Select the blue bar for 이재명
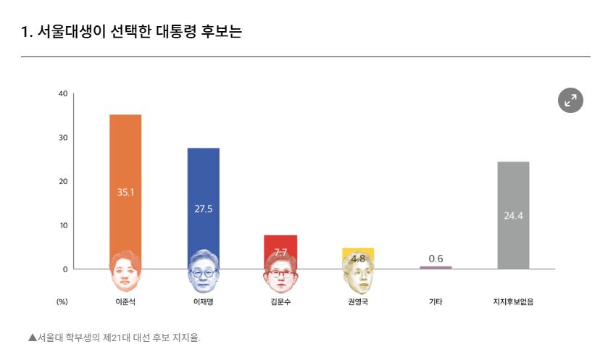(x=204, y=181)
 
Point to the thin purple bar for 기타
(x=436, y=267)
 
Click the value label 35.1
(x=125, y=192)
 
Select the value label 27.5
(x=204, y=209)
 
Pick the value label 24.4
(x=513, y=215)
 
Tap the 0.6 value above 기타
(x=436, y=259)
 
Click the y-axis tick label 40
(x=63, y=93)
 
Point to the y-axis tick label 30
(x=63, y=138)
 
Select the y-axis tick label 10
(x=63, y=225)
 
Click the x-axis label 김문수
(x=280, y=301)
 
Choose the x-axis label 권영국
(x=358, y=301)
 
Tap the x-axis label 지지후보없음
(x=513, y=301)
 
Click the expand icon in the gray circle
(x=570, y=101)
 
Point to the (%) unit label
(x=62, y=301)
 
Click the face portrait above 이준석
(x=125, y=269)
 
